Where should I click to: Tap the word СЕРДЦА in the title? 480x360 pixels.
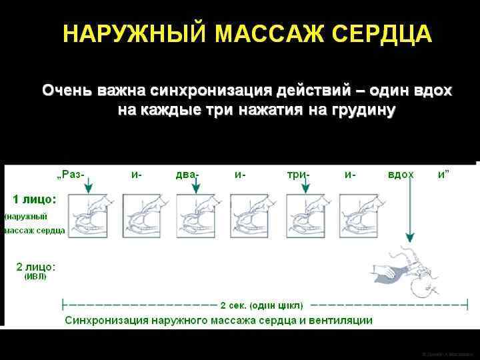(x=378, y=35)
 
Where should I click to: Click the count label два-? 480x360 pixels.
(x=187, y=175)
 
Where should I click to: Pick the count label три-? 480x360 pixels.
(x=297, y=175)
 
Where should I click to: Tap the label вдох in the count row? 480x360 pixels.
(x=401, y=175)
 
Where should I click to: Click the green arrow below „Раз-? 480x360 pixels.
(x=89, y=186)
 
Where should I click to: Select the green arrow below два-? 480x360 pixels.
(x=196, y=186)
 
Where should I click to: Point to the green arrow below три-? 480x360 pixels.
(x=304, y=186)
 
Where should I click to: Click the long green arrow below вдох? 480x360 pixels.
(x=409, y=213)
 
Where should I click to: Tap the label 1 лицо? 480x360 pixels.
(x=35, y=199)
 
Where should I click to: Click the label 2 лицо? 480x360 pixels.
(x=36, y=267)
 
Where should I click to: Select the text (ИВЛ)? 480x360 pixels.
(x=36, y=277)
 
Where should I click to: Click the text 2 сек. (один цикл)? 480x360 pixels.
(x=261, y=305)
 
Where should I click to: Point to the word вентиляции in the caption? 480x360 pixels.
(x=341, y=320)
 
